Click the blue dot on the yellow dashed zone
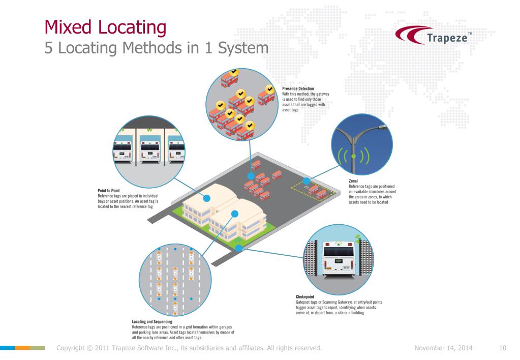(306, 181)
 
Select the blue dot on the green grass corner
(238, 248)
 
